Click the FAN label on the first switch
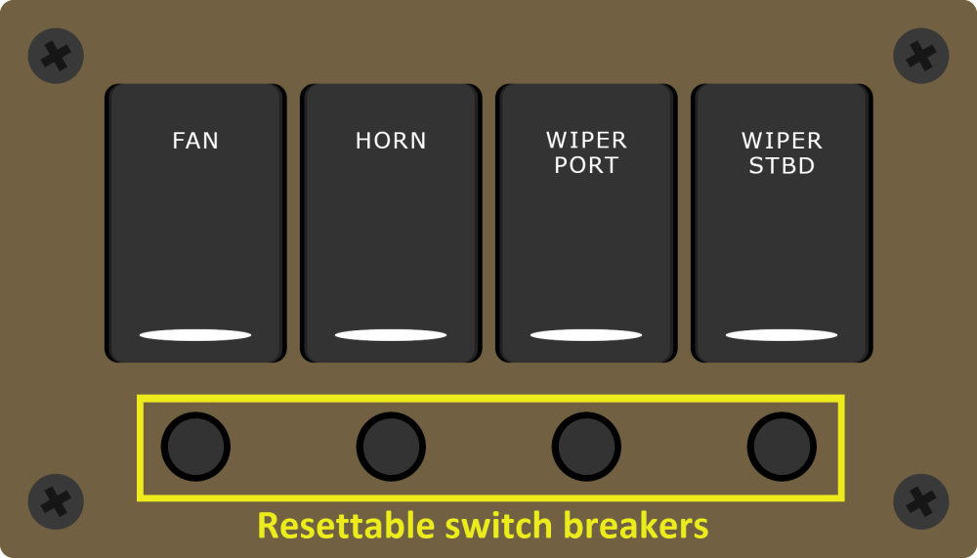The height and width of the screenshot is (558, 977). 195,141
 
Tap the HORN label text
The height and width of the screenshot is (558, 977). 391,141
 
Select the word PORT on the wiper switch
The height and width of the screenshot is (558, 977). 586,166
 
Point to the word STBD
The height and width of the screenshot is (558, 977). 782,166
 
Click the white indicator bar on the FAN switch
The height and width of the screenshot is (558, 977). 195,335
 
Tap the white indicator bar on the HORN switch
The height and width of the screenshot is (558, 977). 391,335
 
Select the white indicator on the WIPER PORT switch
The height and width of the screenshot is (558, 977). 586,335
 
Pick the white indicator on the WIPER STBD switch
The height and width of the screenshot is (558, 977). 782,335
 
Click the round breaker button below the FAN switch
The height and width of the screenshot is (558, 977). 195,447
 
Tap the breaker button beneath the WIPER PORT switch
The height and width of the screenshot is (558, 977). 586,447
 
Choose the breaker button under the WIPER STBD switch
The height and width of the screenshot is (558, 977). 782,447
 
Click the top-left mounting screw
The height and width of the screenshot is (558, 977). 56,56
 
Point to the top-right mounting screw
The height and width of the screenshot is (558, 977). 921,56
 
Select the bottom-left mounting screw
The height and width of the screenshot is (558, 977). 56,502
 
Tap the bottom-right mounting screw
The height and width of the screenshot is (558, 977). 921,502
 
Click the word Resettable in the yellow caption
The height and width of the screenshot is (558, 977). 345,526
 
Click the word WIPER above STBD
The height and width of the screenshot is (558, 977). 782,141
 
